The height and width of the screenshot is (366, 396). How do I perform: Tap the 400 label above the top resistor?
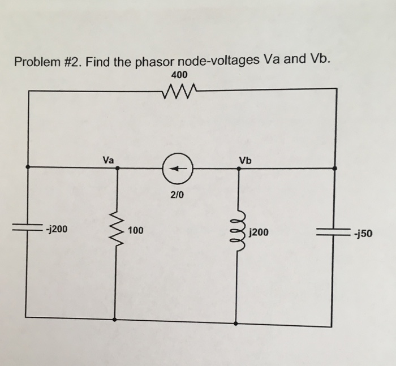[x=179, y=75]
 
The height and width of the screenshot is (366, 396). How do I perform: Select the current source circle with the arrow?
[x=178, y=168]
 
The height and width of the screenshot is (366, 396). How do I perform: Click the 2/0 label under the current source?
[x=177, y=195]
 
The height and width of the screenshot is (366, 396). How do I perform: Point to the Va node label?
[x=109, y=160]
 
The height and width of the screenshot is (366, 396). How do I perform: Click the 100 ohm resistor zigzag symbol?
[x=117, y=230]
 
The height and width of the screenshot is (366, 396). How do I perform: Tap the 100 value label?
[x=136, y=230]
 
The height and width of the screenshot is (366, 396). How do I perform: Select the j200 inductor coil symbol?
[x=238, y=232]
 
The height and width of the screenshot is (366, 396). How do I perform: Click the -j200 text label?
[x=57, y=230]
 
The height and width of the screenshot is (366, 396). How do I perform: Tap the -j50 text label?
[x=361, y=232]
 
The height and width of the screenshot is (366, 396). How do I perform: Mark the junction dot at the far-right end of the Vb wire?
[x=335, y=169]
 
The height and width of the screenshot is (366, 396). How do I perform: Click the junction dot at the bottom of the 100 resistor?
[x=116, y=320]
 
